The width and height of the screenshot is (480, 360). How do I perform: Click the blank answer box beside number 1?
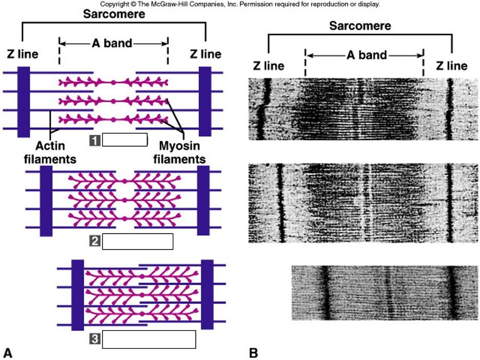124,140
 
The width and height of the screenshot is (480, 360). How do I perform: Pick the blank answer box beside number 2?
138,241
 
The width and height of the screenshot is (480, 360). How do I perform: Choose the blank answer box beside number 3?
149,339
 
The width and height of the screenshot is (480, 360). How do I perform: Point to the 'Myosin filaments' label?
181,152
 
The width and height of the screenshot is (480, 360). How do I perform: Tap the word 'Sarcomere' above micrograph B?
359,26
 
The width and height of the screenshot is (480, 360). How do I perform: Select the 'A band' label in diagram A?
113,43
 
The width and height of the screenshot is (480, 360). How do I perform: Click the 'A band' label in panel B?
364,55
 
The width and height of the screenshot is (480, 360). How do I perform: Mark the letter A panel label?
8,352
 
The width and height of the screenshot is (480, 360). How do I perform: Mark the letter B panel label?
254,352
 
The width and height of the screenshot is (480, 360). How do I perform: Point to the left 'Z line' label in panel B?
268,66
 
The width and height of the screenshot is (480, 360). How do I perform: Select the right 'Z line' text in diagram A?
205,54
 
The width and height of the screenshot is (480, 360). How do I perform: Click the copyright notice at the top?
239,4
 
